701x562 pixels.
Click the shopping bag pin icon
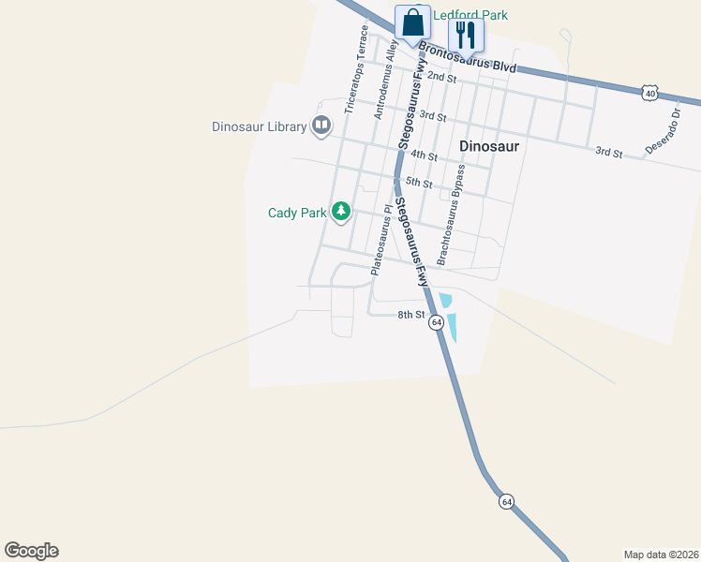pyautogui.click(x=412, y=22)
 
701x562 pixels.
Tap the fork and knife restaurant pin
pyautogui.click(x=466, y=36)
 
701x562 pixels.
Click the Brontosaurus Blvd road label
pyautogui.click(x=467, y=58)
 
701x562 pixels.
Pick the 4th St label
pyautogui.click(x=424, y=155)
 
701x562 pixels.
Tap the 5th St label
pyautogui.click(x=418, y=184)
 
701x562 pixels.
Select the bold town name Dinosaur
pyautogui.click(x=489, y=146)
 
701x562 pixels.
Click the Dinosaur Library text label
pyautogui.click(x=260, y=126)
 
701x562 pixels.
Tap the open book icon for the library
pyautogui.click(x=321, y=126)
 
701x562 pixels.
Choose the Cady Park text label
pyautogui.click(x=297, y=213)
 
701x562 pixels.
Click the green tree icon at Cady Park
pyautogui.click(x=342, y=212)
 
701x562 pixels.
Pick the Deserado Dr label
pyautogui.click(x=663, y=130)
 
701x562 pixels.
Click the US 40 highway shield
pyautogui.click(x=650, y=92)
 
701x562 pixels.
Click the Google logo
pyautogui.click(x=31, y=551)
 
